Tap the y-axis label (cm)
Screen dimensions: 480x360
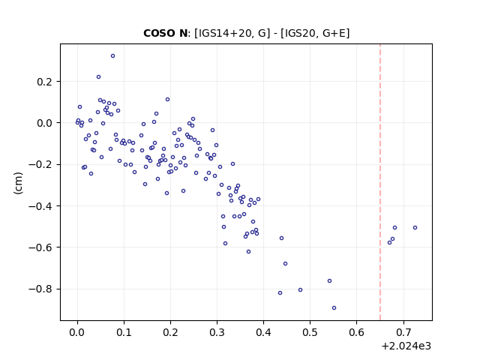(x=18, y=183)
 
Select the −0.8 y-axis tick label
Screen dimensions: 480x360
(x=43, y=289)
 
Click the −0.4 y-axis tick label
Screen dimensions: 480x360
(x=43, y=206)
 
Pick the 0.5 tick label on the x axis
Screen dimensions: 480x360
(x=310, y=332)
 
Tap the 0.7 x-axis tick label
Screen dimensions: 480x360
(x=403, y=332)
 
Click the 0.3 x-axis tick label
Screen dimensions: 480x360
(x=217, y=332)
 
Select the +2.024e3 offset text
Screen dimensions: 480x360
(x=406, y=346)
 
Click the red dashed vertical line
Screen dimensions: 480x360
(x=380, y=182)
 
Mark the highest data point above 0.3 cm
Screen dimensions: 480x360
(x=112, y=56)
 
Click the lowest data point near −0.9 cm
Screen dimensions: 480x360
(x=334, y=308)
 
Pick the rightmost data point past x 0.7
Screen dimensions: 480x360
(x=415, y=228)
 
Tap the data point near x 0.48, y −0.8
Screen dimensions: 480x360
(x=300, y=290)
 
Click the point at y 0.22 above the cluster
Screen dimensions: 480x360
(x=98, y=76)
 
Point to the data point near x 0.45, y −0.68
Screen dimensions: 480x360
(x=285, y=263)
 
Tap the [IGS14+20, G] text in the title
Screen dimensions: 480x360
(x=232, y=33)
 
